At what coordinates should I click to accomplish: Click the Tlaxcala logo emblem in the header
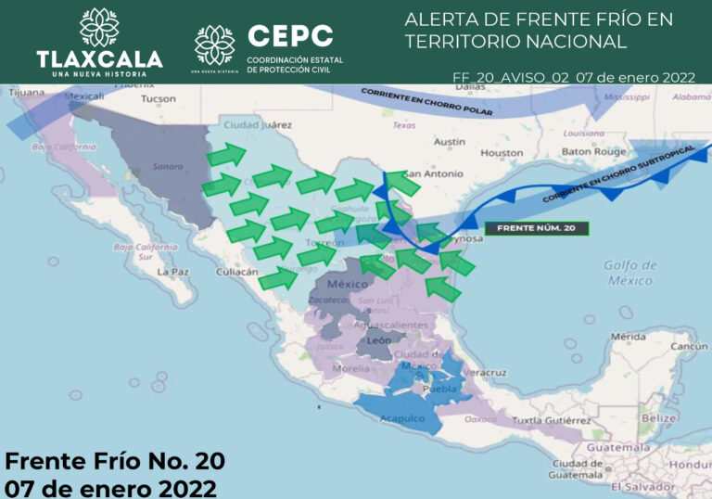coord(99,27)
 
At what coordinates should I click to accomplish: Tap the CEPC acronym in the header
coord(290,36)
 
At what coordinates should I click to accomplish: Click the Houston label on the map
coord(502,153)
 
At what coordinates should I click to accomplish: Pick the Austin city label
coord(449,142)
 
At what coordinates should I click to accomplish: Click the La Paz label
coord(173,273)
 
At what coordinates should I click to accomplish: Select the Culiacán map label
coord(236,272)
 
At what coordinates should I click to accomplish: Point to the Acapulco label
coord(403,419)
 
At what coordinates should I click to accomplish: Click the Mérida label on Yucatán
coord(628,336)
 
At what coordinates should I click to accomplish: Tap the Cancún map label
coord(689,346)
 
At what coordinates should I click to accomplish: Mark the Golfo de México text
coord(629,273)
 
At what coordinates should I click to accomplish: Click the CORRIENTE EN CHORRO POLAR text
coord(426,102)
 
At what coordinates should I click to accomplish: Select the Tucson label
coord(158,98)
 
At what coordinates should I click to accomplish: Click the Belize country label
coord(658,418)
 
